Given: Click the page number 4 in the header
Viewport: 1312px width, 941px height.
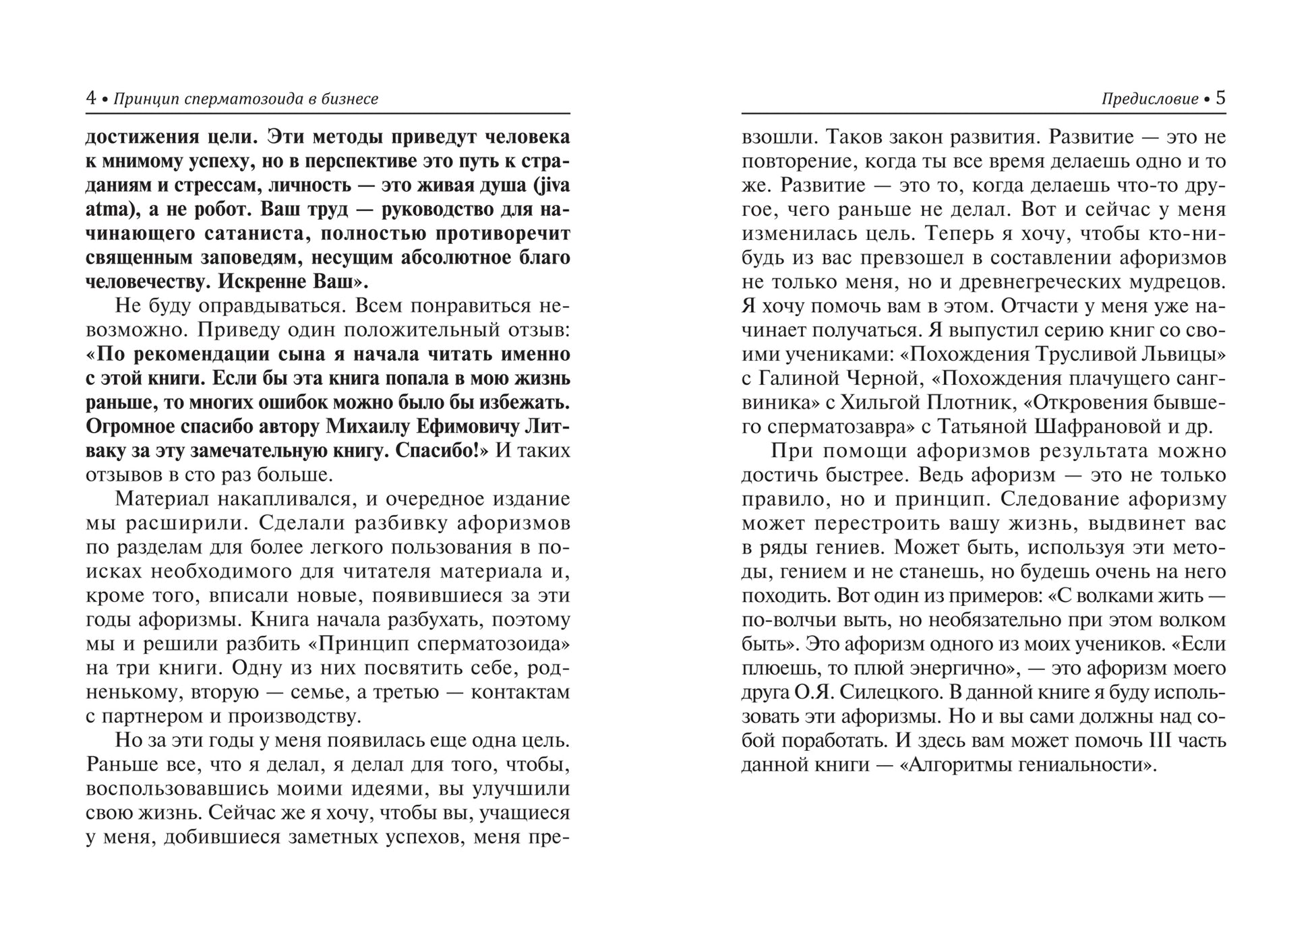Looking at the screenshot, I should [91, 98].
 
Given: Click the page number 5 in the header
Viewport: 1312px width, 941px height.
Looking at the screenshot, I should [1220, 98].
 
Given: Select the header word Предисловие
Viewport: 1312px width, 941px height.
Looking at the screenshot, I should [1150, 99].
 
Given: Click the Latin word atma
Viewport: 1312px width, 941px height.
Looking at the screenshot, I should [106, 210].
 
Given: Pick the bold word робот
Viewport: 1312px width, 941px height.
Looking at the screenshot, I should [221, 210].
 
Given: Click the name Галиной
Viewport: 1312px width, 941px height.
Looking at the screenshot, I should [802, 378].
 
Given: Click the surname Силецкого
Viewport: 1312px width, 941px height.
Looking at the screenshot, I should [886, 692].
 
